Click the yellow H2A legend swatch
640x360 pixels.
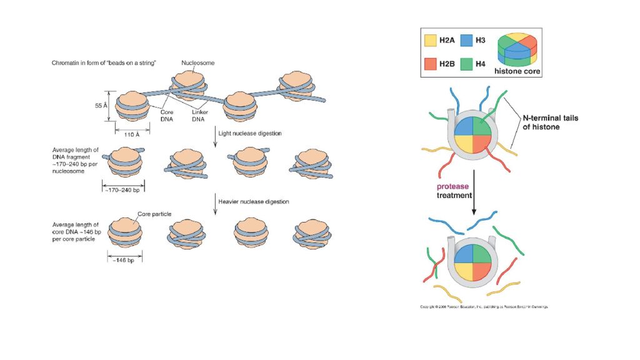point(431,40)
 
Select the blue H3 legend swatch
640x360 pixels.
point(466,40)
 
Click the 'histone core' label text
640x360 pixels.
point(517,72)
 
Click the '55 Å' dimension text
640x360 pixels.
point(99,106)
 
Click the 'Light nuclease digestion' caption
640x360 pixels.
point(249,133)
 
